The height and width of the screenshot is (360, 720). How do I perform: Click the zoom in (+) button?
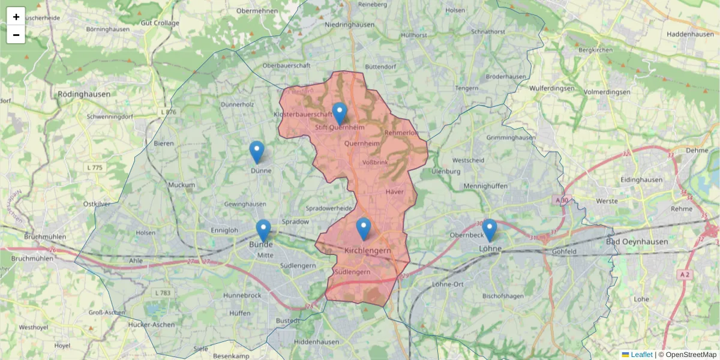click(16, 17)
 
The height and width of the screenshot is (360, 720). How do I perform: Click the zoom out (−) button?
click(16, 35)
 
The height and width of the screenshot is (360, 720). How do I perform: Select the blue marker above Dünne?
click(257, 152)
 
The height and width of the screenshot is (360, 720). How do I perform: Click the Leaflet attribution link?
click(641, 355)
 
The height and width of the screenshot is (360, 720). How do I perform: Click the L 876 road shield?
click(169, 112)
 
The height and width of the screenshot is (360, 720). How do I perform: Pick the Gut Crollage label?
click(160, 23)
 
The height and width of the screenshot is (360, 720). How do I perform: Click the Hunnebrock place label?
click(242, 296)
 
